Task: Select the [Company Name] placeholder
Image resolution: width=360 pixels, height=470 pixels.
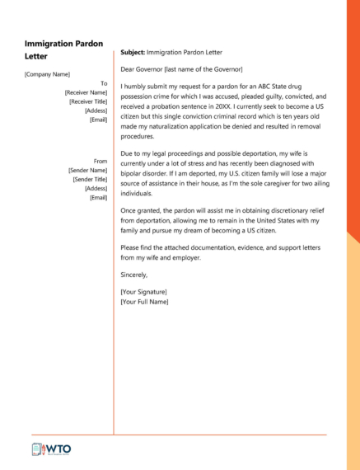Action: pos(47,74)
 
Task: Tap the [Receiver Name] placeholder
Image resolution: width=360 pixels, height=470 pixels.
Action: pos(86,93)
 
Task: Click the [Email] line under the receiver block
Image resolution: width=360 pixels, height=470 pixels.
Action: pos(98,120)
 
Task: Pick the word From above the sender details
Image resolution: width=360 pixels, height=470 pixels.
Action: pos(101,161)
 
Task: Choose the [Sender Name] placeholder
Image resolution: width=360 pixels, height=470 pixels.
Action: pos(87,170)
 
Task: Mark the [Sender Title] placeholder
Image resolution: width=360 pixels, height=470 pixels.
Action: pos(90,179)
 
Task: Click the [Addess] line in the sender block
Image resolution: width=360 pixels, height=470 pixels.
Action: pos(96,188)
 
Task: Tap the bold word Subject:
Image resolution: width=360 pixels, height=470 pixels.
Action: pos(133,52)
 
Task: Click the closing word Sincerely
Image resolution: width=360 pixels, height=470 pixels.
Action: pos(136,275)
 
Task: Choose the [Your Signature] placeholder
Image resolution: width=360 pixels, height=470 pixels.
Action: pos(143,292)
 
